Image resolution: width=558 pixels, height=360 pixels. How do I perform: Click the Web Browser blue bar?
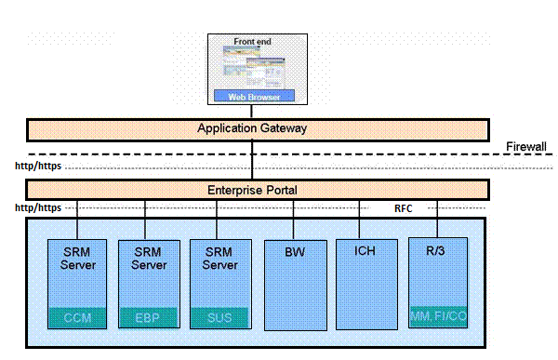coord(253,96)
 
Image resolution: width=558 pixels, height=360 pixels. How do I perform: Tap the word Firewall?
coord(525,147)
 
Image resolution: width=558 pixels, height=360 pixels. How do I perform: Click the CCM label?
coord(77,319)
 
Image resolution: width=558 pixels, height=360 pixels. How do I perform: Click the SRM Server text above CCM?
coord(77,258)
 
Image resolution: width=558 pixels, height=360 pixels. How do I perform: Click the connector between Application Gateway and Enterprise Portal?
coord(253,159)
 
